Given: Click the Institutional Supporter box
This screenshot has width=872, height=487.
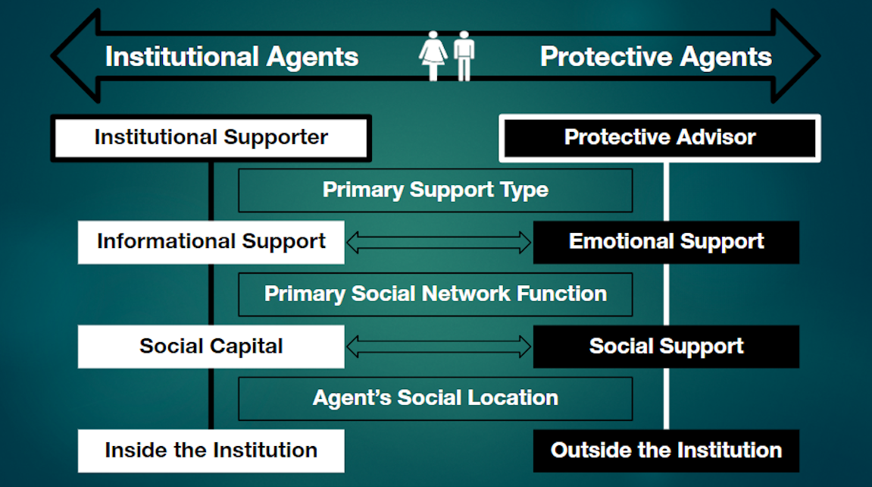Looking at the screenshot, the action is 211,138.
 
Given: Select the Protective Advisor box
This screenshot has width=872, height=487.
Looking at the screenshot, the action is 660,138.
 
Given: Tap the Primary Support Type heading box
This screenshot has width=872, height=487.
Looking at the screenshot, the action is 436,190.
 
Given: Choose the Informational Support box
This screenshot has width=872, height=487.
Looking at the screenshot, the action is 211,242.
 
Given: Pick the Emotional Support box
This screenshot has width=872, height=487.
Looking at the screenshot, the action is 666,242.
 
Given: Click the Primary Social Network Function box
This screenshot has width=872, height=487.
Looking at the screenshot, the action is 436,294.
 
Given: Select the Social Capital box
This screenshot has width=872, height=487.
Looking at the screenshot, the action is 211,346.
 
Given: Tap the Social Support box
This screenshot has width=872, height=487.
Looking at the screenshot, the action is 666,346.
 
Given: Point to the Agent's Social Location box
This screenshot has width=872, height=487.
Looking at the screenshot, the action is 436,398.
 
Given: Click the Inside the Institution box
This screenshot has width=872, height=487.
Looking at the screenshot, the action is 211,451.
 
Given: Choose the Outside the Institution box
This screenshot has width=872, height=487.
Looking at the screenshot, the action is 666,451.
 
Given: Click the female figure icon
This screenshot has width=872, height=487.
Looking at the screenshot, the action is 433,55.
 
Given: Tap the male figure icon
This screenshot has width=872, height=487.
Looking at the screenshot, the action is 464,55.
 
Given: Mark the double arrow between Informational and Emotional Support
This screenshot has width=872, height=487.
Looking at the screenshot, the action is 439,242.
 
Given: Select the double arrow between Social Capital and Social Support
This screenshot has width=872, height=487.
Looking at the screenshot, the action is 439,346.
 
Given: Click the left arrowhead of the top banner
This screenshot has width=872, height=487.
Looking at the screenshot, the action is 75,55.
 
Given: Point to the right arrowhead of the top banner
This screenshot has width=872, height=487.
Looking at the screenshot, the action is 795,55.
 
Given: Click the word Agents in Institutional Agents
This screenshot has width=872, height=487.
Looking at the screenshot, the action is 312,58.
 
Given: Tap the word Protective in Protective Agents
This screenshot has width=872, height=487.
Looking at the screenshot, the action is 606,57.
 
